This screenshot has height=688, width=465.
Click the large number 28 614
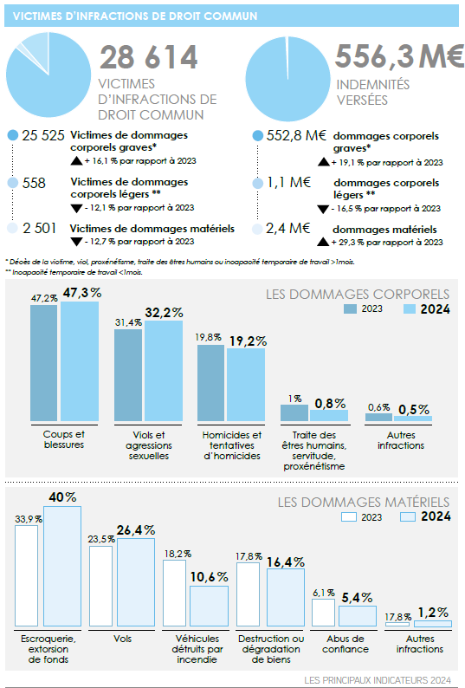pos(149,57)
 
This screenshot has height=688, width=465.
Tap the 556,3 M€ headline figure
pos(399,56)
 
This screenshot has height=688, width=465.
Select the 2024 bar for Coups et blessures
pos(80,361)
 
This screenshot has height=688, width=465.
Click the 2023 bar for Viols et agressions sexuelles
pos(128,375)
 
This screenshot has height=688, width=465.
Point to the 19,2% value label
pos(248,341)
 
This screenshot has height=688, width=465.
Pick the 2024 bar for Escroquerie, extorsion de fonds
pos(62,566)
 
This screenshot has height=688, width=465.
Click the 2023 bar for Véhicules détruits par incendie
pos(174,594)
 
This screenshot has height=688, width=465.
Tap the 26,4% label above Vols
pos(136,530)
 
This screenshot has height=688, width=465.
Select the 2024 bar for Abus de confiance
pos(358,616)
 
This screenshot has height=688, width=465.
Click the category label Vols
pos(122,639)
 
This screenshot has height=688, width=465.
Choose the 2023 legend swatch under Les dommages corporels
pos(350,308)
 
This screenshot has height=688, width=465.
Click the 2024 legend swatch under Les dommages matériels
pos(408,517)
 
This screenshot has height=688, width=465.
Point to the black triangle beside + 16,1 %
pos(77,161)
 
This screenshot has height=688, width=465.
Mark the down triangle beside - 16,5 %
pos(323,210)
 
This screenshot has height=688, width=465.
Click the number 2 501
pos(40,228)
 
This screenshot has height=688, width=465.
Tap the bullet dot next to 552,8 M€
pos(258,136)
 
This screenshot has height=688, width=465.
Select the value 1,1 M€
pos(288,182)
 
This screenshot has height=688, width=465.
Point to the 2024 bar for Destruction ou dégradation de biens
pos(286,598)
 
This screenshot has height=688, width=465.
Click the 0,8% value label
pos(330,403)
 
